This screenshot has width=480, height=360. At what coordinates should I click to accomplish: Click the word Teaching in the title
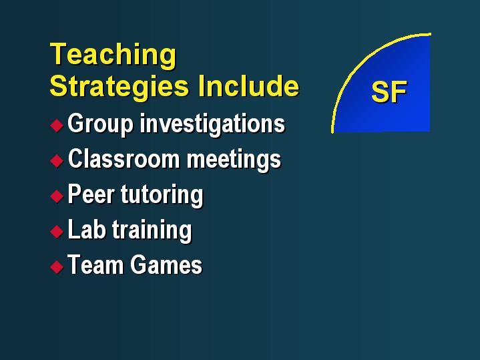point(113,55)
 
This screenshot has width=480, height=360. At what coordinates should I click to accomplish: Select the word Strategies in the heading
point(119,87)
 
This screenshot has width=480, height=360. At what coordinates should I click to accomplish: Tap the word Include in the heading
point(248,85)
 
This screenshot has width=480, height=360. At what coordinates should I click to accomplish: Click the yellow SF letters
point(389,92)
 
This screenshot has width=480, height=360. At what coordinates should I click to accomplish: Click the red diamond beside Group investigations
point(57,126)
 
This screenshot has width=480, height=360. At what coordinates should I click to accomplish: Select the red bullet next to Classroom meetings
point(57,160)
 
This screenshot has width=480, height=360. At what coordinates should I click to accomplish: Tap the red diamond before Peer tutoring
point(57,196)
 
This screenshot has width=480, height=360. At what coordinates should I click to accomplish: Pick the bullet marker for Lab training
point(57,231)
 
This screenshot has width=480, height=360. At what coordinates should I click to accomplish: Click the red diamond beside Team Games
point(57,266)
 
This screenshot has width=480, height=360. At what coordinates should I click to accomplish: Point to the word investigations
point(213,124)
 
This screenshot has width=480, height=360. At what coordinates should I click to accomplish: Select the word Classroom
point(124,159)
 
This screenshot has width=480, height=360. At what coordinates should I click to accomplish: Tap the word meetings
point(234,160)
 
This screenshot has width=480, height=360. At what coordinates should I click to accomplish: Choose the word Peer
point(91,194)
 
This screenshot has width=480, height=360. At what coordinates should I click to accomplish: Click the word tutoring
point(162,195)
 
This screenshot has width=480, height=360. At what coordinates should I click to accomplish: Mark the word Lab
point(87,229)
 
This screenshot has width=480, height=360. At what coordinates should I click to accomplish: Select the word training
point(152,230)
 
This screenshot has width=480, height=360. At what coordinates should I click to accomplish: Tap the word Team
point(96,264)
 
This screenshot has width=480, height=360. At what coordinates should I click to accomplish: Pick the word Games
point(166,264)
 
